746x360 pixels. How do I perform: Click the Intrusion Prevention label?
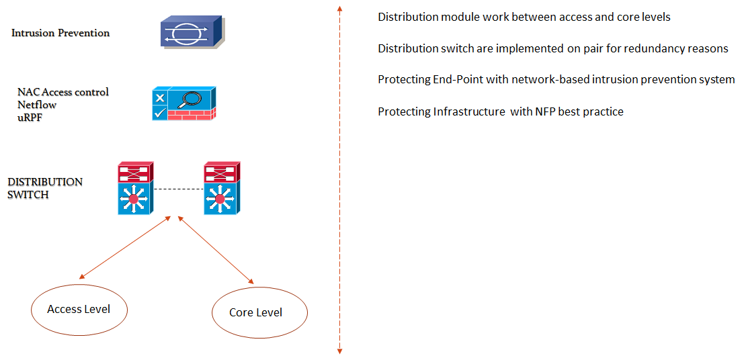[60, 33]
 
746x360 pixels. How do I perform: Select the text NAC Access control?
[63, 92]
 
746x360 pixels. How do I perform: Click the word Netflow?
[37, 105]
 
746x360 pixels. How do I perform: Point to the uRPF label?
[30, 118]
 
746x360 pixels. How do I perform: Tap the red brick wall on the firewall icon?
[191, 115]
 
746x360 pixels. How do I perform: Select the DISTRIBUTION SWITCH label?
[44, 188]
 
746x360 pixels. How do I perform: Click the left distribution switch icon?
[135, 188]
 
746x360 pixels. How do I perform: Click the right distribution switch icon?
[221, 188]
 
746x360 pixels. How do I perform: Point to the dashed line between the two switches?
[179, 189]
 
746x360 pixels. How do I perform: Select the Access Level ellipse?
[79, 310]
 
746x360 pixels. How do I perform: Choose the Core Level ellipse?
[259, 313]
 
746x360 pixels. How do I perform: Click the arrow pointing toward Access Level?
[124, 248]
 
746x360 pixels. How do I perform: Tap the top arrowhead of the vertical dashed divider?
[339, 9]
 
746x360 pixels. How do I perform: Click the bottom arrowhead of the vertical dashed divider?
[339, 350]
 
